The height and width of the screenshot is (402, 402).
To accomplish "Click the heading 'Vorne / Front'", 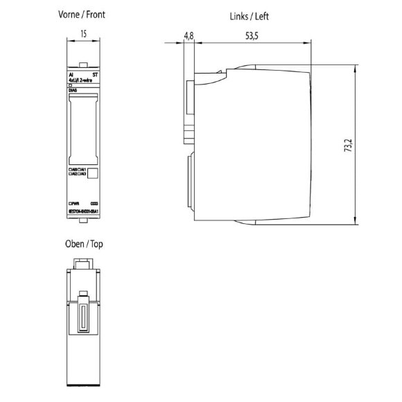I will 82,14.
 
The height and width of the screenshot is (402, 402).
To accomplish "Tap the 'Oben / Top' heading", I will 82,244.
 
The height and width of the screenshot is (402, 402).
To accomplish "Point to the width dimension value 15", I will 82,32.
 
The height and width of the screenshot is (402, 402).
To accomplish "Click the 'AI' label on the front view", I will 71,73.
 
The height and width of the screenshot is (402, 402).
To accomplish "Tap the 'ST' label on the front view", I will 95,73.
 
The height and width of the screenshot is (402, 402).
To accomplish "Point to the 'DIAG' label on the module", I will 73,90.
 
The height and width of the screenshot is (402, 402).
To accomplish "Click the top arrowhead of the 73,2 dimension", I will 355,71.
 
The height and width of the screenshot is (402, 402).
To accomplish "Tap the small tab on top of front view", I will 82,64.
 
